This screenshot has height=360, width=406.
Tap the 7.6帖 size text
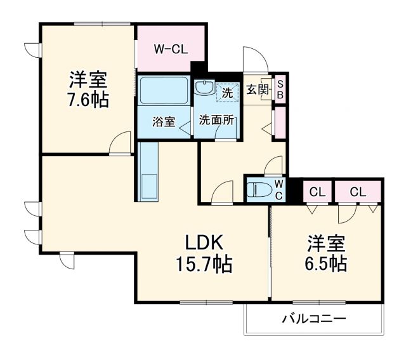click(88, 100)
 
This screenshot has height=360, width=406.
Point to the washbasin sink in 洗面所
click(204, 88)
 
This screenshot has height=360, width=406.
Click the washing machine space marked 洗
click(226, 92)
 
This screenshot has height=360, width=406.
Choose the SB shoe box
click(280, 90)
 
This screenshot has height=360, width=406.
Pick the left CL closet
click(317, 191)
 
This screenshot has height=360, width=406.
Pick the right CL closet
click(357, 191)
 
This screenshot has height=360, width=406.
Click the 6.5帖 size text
click(327, 263)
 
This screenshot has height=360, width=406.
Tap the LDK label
click(204, 243)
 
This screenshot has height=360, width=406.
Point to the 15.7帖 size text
click(204, 263)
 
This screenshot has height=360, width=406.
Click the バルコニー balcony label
click(314, 318)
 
